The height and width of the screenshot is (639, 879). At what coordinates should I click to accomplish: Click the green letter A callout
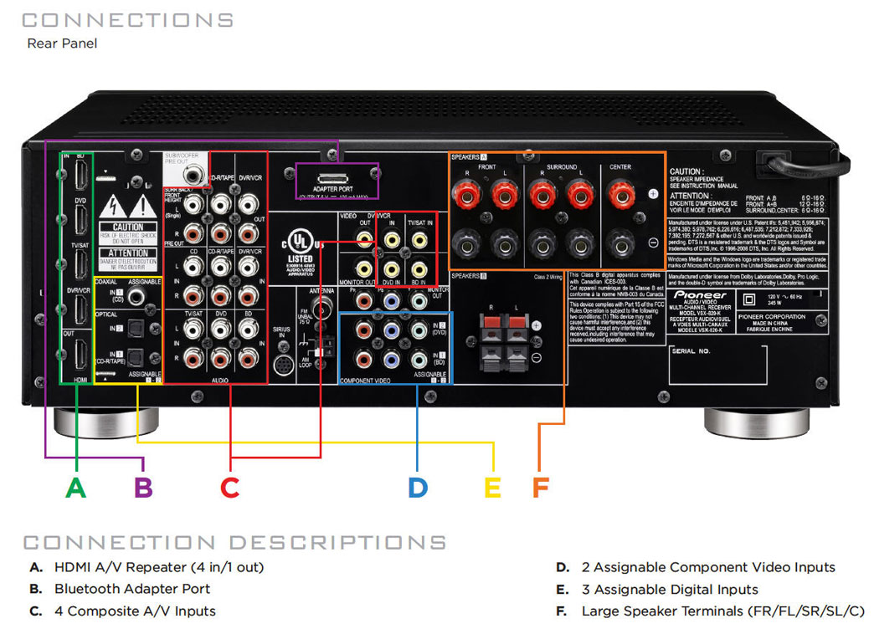76,487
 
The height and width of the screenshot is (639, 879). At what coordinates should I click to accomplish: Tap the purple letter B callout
143,487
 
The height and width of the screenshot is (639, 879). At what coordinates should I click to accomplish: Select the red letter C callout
229,487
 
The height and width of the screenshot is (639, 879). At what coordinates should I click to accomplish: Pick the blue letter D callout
418,487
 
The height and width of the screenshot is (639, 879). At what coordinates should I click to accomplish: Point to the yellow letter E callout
493,487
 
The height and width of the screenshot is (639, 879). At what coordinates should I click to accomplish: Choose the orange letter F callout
540,487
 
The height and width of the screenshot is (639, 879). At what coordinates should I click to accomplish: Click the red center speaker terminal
620,197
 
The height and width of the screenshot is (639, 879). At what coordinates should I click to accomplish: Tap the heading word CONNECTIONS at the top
127,19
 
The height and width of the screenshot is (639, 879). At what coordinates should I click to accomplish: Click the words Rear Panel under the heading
62,43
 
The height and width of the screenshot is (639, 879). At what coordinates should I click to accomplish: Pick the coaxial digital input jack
152,297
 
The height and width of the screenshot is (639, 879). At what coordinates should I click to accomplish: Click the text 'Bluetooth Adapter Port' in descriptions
132,589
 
